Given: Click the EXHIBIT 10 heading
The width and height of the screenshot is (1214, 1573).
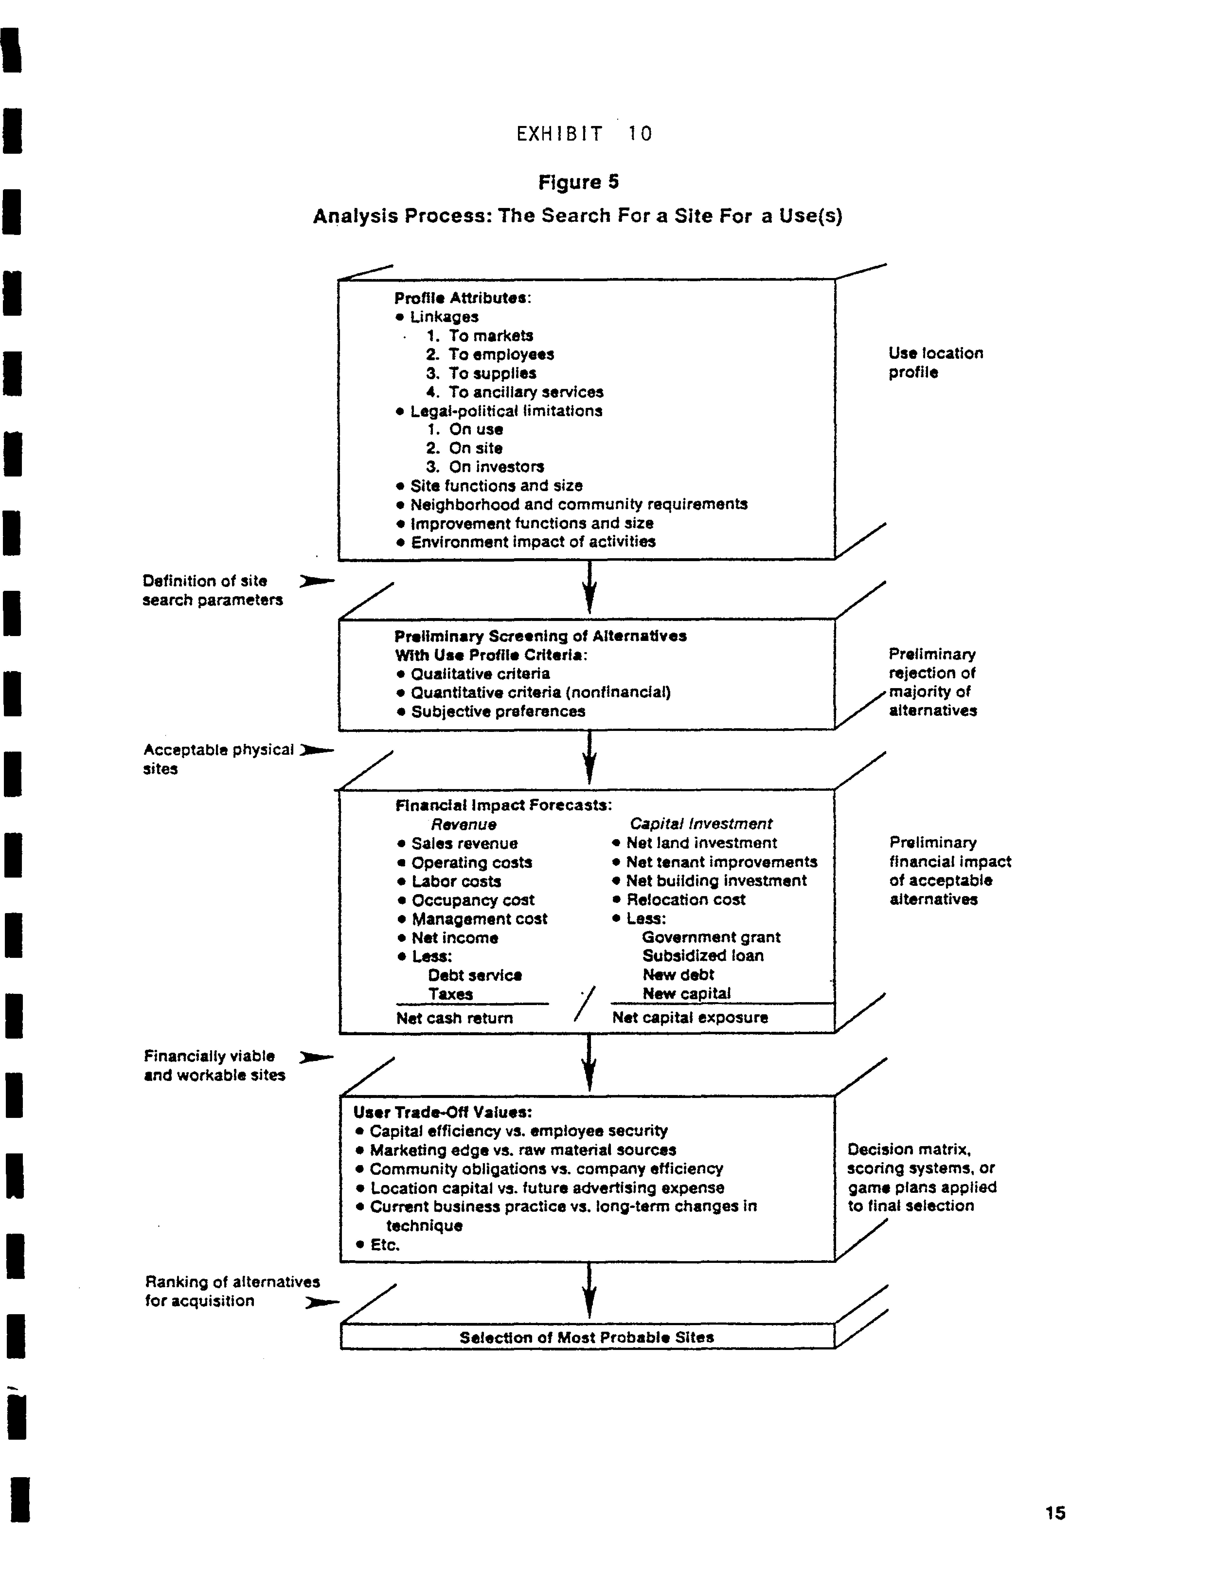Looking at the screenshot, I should point(584,134).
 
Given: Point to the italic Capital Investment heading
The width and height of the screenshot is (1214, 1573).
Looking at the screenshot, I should point(701,824).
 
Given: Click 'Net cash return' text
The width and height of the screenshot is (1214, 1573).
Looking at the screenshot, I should point(454,1018).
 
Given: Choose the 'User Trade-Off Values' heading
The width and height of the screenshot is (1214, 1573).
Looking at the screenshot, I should point(442,1112).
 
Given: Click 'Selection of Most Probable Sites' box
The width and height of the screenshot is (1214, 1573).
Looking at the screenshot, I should point(587,1338).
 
